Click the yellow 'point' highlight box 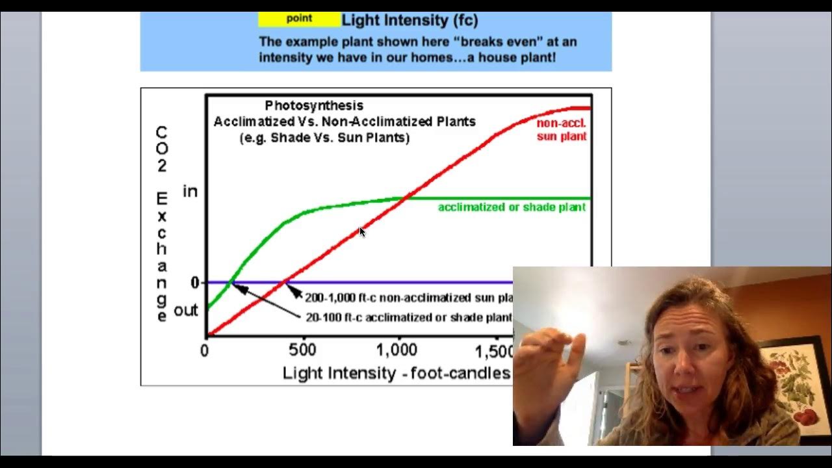(x=299, y=19)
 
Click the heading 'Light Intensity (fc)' (x=409, y=20)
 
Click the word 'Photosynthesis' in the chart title (x=314, y=105)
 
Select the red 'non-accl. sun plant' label (x=562, y=129)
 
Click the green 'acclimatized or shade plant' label (x=512, y=207)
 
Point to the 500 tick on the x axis (x=303, y=350)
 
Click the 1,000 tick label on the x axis (x=396, y=350)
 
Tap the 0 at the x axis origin (x=205, y=351)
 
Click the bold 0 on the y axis (x=194, y=283)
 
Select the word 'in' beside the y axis (x=190, y=192)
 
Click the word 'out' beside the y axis (x=186, y=311)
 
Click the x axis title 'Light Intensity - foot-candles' (x=396, y=373)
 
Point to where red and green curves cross (x=404, y=198)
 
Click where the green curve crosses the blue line (x=231, y=282)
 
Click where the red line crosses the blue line (x=285, y=282)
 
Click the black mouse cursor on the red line (x=362, y=231)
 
